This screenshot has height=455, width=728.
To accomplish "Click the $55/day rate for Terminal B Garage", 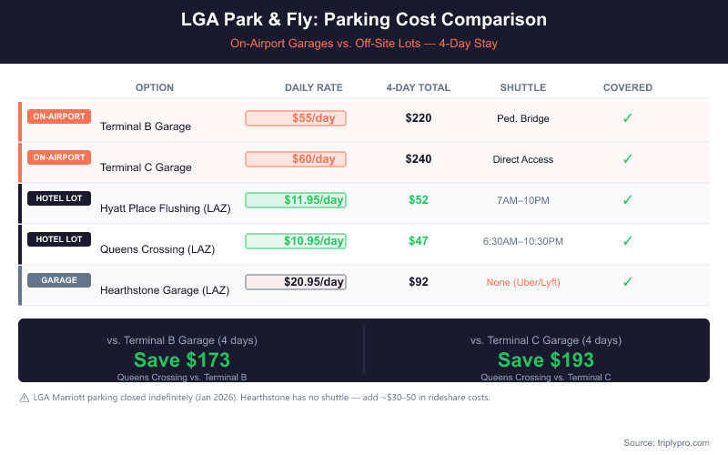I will (x=296, y=118).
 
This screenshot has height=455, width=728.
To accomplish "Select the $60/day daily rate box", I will (x=296, y=159).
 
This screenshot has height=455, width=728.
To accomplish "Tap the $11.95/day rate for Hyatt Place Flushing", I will (x=296, y=200).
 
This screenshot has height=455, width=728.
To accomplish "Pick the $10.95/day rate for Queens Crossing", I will (x=296, y=241).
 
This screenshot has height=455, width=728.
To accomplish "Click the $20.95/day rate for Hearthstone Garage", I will (x=296, y=282).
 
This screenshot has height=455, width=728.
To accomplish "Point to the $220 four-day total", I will (x=419, y=118).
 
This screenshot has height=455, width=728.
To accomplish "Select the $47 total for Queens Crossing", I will (x=419, y=241).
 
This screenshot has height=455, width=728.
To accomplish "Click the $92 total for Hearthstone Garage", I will (x=419, y=282).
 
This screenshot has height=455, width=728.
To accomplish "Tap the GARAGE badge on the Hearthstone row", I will (x=59, y=280).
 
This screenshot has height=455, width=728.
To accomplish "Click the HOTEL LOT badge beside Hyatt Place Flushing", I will (x=59, y=198).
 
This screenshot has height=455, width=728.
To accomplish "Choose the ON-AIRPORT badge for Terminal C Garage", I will (x=59, y=157).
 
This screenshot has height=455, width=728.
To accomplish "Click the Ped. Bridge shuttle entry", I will (x=523, y=118).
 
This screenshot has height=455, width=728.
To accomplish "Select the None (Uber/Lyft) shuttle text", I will (x=523, y=282).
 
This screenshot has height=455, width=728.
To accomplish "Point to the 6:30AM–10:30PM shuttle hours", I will (x=523, y=241).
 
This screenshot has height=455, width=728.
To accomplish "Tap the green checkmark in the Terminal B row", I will (x=627, y=118).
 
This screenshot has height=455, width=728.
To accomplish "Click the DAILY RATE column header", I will (x=314, y=87).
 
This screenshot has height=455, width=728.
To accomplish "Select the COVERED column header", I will (x=628, y=87).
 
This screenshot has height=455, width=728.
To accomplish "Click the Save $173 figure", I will (x=182, y=359).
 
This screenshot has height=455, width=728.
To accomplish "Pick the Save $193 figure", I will (x=546, y=359).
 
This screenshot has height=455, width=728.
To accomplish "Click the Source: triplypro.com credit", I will (x=666, y=442).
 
